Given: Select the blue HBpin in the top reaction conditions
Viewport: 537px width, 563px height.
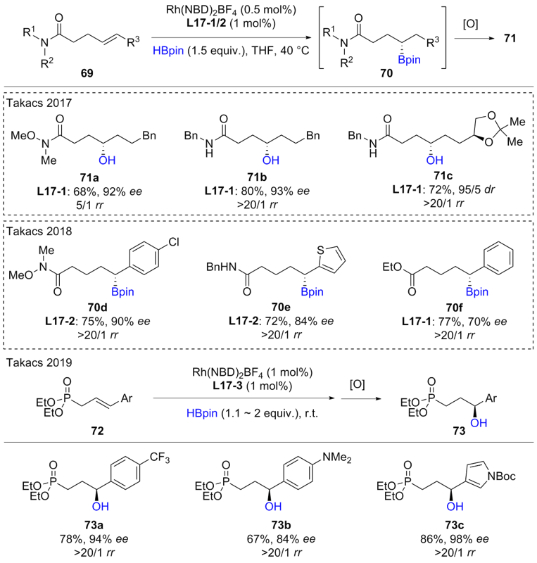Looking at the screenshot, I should click(x=184, y=49).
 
